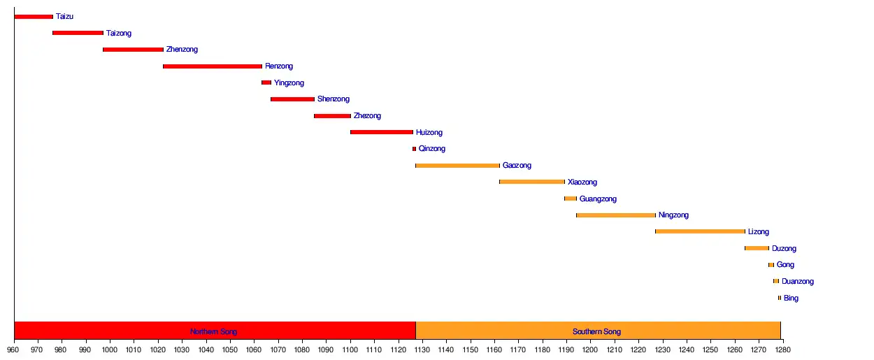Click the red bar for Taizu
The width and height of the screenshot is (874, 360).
(34, 17)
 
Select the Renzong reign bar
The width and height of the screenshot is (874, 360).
(213, 66)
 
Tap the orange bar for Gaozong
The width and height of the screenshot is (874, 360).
(457, 166)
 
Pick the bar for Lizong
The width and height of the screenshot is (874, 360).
(700, 231)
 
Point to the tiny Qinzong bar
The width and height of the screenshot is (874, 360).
(414, 149)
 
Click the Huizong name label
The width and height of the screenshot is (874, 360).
(429, 133)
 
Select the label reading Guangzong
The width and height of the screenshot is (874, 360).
(598, 199)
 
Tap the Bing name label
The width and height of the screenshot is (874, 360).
(791, 298)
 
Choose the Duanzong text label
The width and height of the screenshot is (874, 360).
(798, 282)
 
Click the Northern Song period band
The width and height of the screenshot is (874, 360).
(214, 331)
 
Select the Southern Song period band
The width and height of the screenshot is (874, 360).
(597, 331)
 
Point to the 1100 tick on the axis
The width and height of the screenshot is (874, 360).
(350, 349)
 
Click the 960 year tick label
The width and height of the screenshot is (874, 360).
(14, 349)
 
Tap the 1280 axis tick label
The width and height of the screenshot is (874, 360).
(782, 349)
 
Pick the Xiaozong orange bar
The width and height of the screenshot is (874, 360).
(532, 182)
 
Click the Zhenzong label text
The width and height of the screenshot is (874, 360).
(182, 50)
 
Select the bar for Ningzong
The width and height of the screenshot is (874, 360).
(616, 215)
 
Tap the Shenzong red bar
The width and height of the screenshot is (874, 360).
(292, 99)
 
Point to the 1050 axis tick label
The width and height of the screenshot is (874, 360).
(230, 349)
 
